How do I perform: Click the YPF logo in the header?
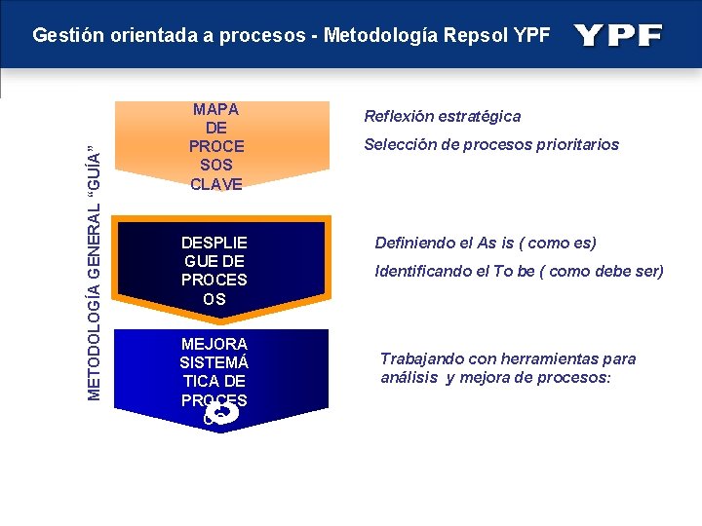[x=618, y=36]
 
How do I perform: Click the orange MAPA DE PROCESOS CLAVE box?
[x=216, y=146]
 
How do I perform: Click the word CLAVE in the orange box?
[x=216, y=183]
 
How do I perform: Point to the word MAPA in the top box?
[x=216, y=109]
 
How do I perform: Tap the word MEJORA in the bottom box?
[x=214, y=344]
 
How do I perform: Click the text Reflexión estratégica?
[x=442, y=116]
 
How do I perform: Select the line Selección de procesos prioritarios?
[x=490, y=144]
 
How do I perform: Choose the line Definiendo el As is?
[x=486, y=243]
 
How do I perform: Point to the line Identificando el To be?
[x=519, y=271]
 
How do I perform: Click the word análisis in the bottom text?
[x=409, y=378]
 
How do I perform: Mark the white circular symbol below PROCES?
[x=221, y=416]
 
